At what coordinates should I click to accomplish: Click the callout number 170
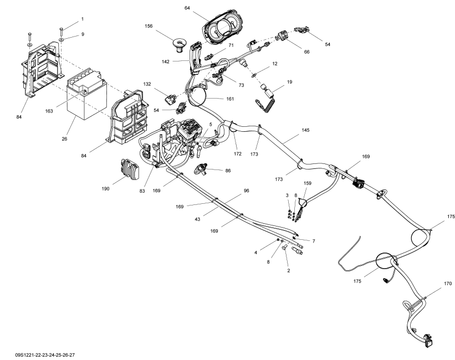click(447, 284)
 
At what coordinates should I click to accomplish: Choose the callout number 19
click(289, 81)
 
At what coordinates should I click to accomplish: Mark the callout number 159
click(308, 182)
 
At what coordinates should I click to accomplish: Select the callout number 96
click(247, 191)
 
